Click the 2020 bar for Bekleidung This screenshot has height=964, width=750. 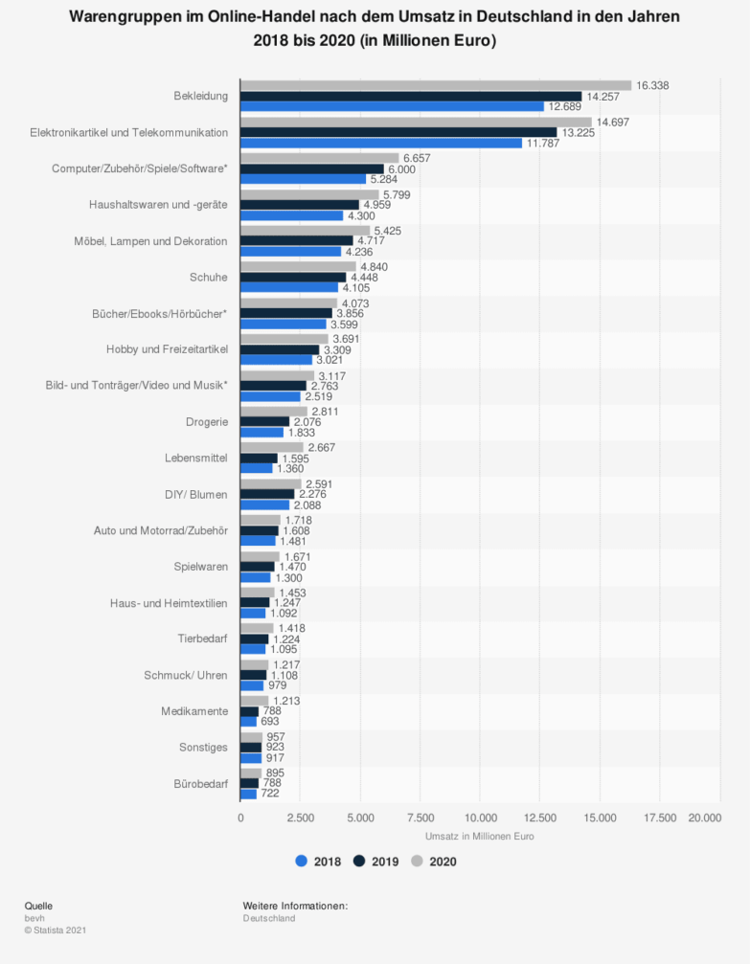point(435,85)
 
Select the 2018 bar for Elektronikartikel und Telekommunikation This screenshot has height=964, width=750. point(380,143)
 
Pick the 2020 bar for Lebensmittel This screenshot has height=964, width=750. point(271,447)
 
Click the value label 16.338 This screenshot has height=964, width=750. point(652,85)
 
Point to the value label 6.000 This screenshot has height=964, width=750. point(401,168)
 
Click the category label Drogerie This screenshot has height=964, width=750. point(207,421)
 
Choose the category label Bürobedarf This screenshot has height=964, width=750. point(200,784)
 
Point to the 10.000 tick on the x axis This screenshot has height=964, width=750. point(480,817)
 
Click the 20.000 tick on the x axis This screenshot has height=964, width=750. point(705,817)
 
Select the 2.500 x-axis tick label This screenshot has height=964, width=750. point(300,817)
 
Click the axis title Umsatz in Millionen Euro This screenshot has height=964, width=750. point(479,836)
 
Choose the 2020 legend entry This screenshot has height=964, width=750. point(434,861)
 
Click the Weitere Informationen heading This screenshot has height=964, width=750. point(295,906)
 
